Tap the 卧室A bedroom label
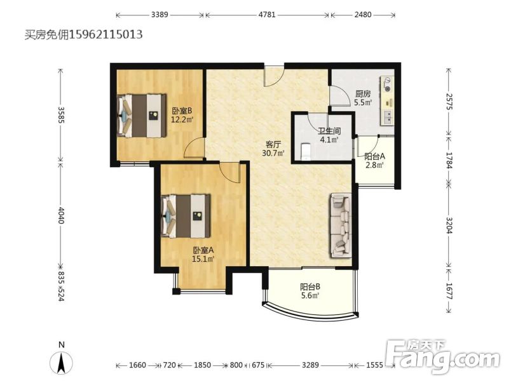tap(203, 250)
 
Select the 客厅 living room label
tap(273, 144)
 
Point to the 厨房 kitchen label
tap(363, 94)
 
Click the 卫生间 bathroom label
tap(329, 131)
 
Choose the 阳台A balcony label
tap(374, 156)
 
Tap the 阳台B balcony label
tap(310, 287)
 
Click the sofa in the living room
tap(341, 225)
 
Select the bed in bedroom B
tap(142, 116)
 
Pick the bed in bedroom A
tap(186, 216)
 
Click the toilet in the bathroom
tap(305, 151)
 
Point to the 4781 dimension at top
tap(267, 15)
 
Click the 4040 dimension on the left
tap(61, 215)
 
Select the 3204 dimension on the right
tap(449, 225)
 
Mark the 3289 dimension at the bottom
tap(310, 365)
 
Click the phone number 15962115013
tap(106, 34)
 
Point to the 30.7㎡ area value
tap(273, 152)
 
